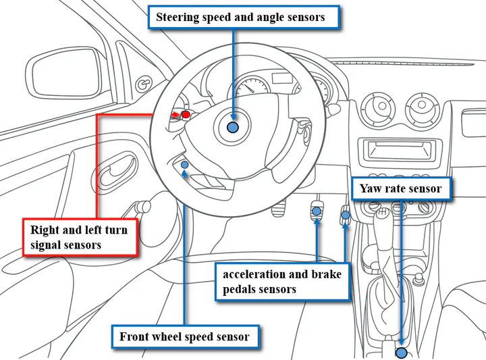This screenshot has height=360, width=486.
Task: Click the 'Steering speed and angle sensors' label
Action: coord(240,18)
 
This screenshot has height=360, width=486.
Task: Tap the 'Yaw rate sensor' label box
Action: coord(401,188)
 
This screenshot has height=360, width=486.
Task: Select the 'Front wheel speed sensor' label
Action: coord(184,336)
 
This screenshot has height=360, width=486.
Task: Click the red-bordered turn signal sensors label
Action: coord(79,237)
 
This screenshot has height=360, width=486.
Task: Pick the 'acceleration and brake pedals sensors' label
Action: coord(282,282)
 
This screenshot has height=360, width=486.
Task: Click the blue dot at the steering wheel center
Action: coord(233,127)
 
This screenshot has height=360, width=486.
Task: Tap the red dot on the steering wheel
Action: coord(186,115)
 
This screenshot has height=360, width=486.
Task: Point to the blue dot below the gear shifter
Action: coord(402,353)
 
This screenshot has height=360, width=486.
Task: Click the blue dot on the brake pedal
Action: coord(316,212)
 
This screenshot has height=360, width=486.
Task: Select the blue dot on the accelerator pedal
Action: coord(345,215)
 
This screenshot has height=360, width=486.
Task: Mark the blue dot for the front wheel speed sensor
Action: coord(185,165)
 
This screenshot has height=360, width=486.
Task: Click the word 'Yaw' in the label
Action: coord(370,188)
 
